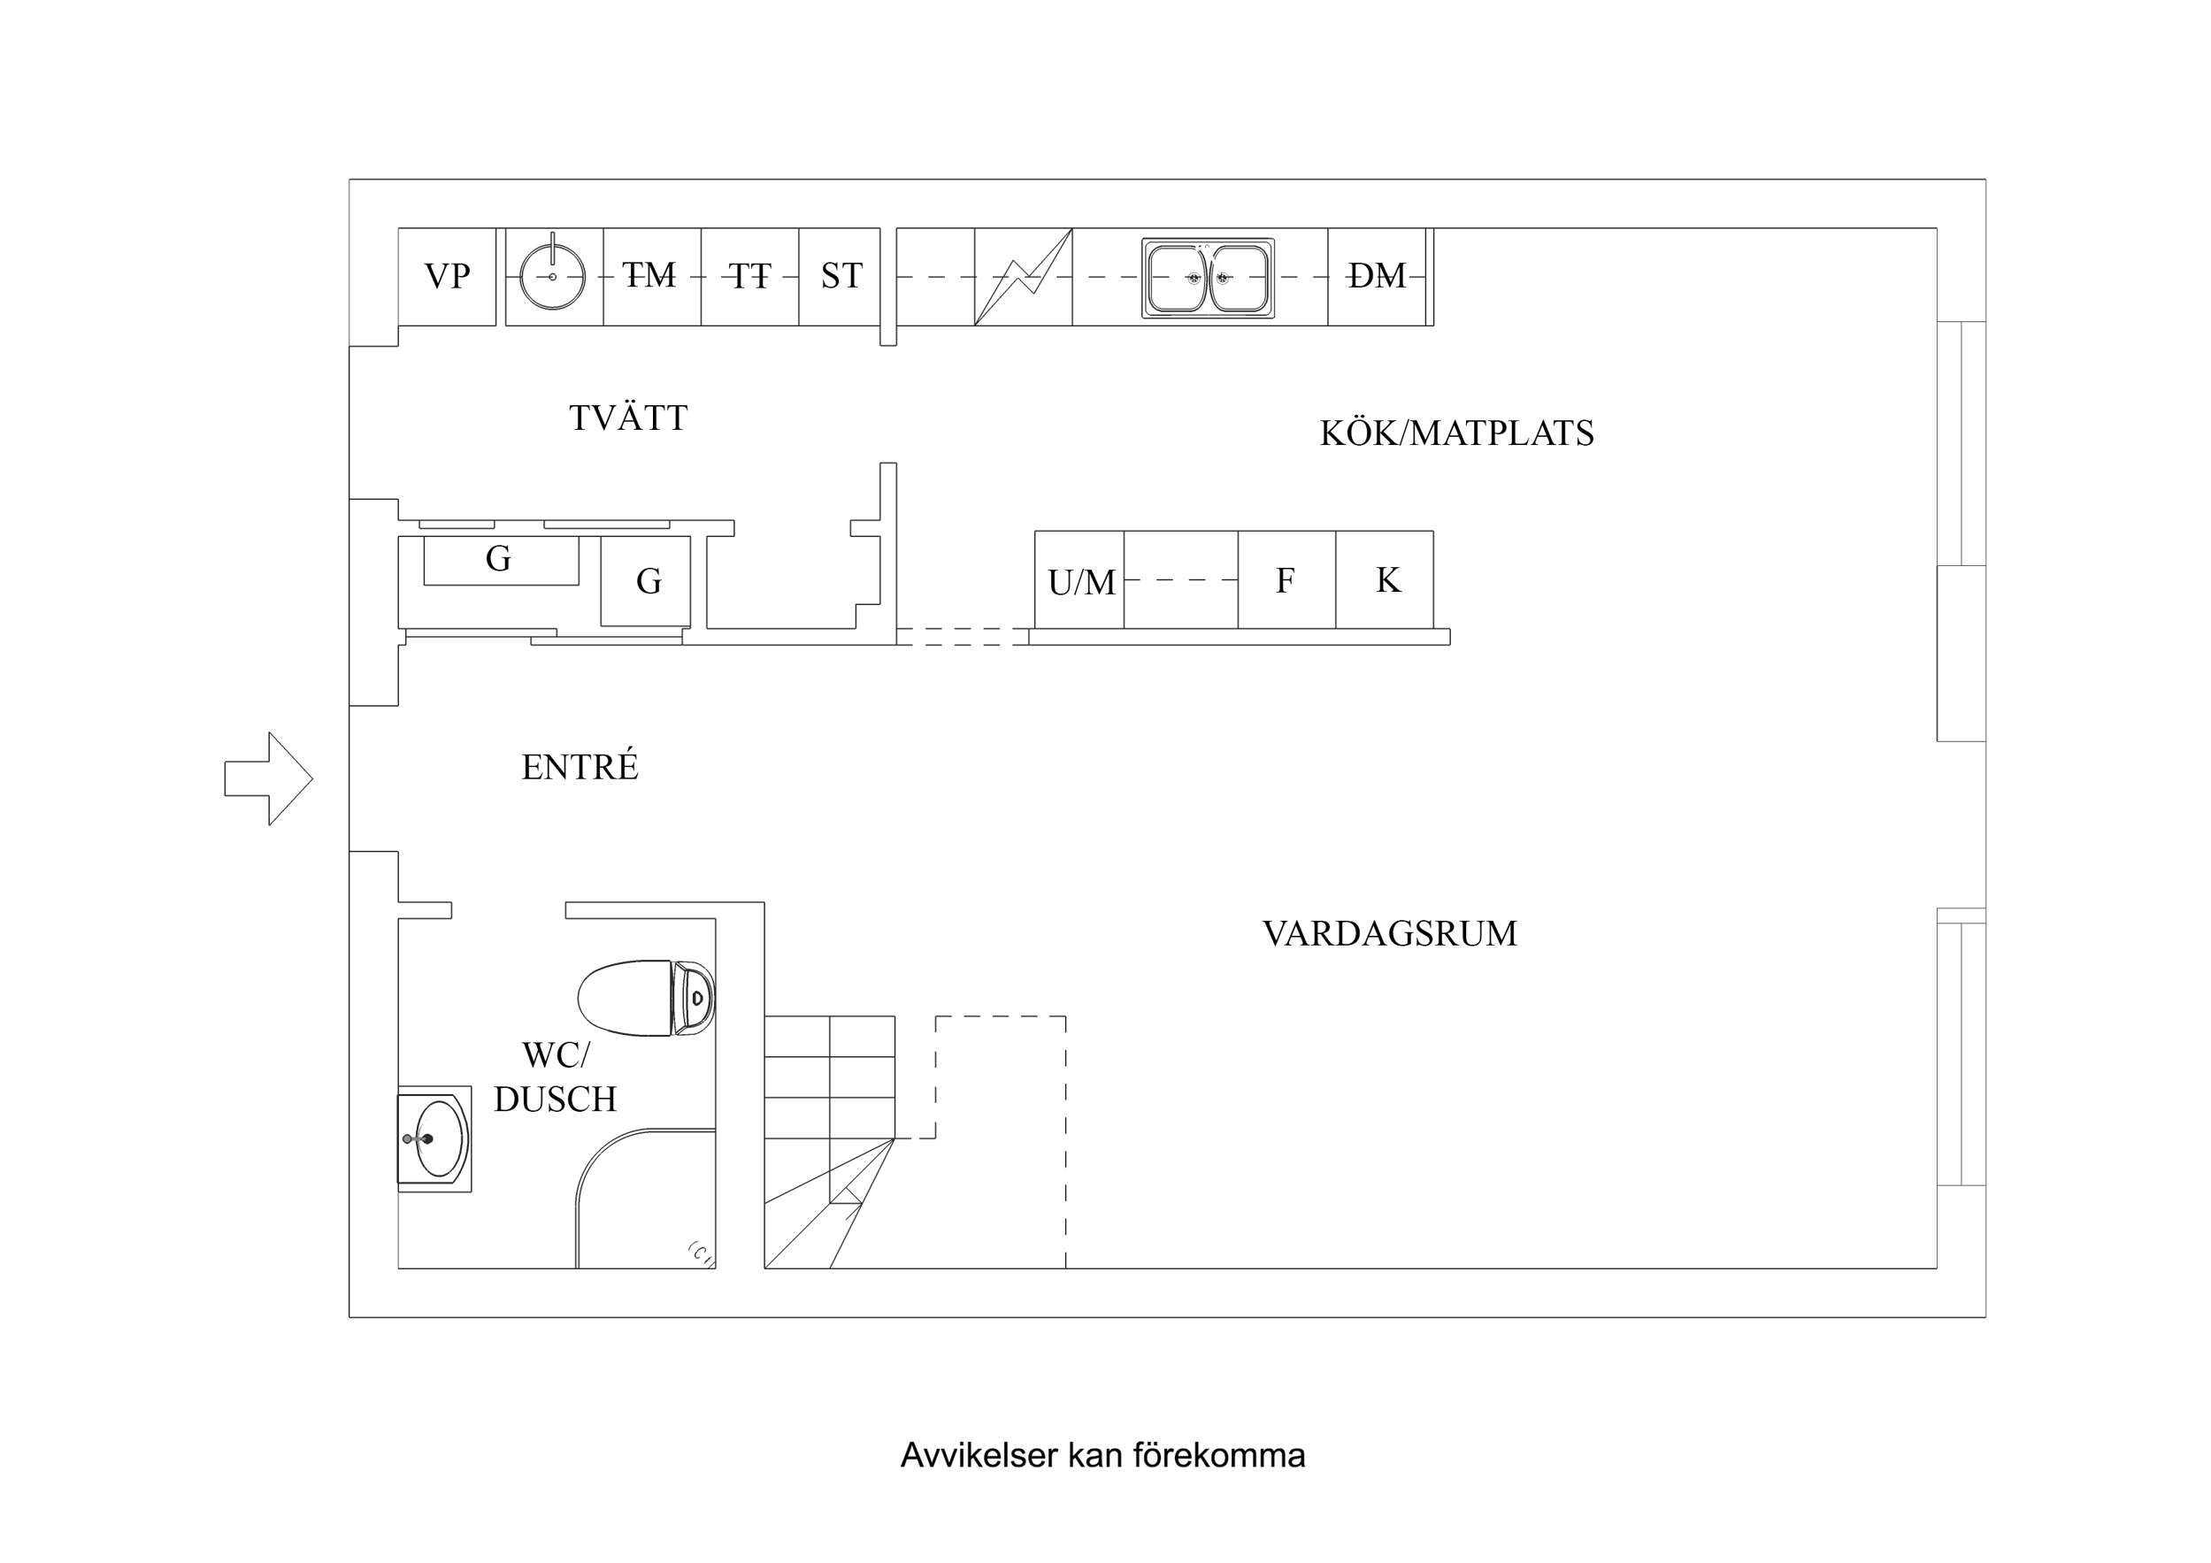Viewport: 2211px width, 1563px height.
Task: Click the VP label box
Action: [447, 276]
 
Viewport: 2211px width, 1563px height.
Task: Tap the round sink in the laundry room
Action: [553, 276]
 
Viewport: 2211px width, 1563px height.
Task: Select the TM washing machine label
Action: [650, 275]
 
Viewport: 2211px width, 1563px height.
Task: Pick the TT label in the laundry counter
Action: [749, 276]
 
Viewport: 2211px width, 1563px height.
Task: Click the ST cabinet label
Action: [841, 276]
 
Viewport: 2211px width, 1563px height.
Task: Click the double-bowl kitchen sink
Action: [1208, 279]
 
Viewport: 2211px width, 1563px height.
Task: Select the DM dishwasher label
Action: [1377, 276]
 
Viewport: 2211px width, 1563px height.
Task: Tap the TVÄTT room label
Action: [628, 418]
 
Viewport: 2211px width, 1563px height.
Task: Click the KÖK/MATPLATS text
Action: [1456, 433]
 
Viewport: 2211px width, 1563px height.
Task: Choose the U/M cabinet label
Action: [1080, 582]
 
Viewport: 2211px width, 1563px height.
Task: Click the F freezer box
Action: [1286, 579]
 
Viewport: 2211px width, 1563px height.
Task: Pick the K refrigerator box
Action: [1386, 579]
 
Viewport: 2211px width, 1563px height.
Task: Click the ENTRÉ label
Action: [580, 767]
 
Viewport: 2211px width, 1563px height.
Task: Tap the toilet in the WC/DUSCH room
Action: [645, 998]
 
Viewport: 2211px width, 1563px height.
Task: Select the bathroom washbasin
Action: [435, 1139]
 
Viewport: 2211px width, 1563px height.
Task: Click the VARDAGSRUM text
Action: [1388, 933]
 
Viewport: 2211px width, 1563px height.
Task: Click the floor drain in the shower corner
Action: [700, 1253]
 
